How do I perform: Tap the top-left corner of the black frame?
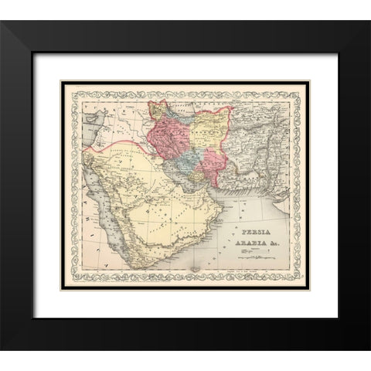[x=2, y=22]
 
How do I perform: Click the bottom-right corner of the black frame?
[x=369, y=349]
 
